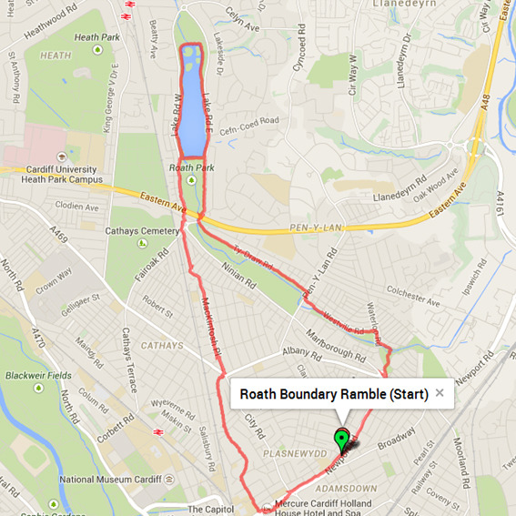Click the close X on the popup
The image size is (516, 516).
(440, 393)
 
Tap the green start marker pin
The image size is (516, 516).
(341, 440)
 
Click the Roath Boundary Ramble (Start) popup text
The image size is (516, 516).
(333, 395)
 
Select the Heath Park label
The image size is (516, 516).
(98, 38)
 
